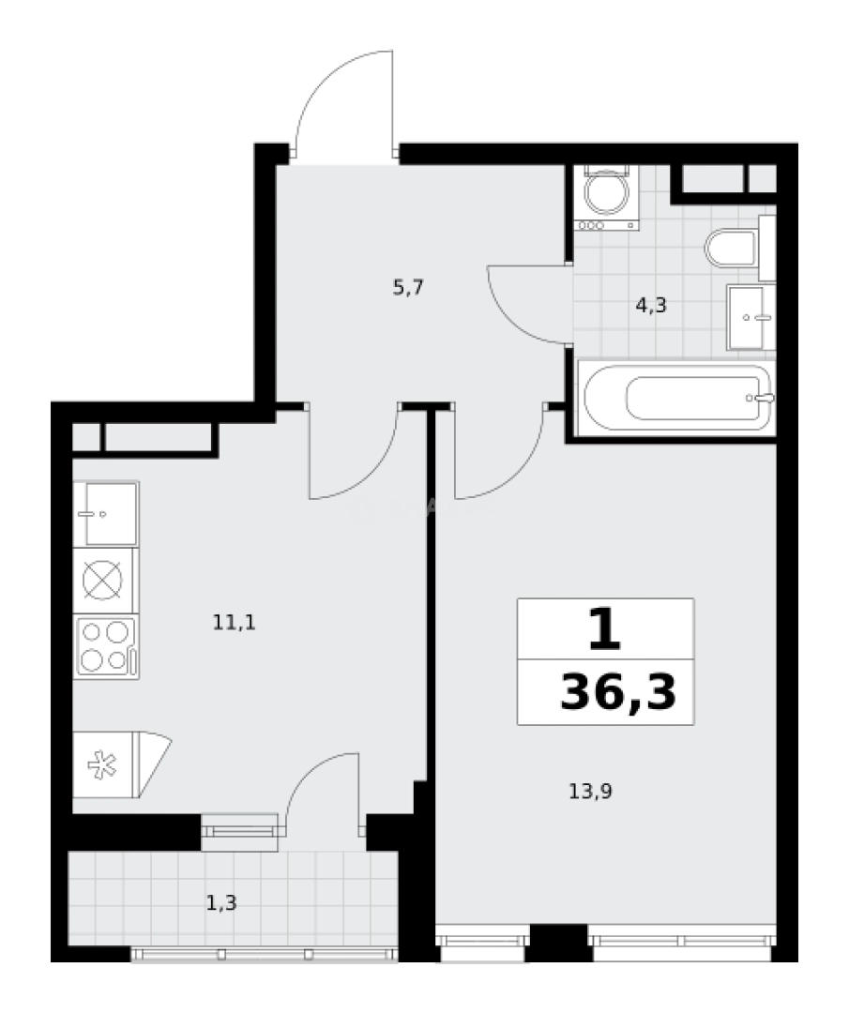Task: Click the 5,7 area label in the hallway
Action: pyautogui.click(x=409, y=288)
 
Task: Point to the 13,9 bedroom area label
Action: pyautogui.click(x=591, y=791)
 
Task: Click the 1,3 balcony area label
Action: pyautogui.click(x=221, y=903)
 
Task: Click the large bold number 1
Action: pyautogui.click(x=605, y=629)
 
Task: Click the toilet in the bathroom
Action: pyautogui.click(x=732, y=249)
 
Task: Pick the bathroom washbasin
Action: pyautogui.click(x=751, y=316)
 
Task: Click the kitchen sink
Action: pyautogui.click(x=105, y=513)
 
